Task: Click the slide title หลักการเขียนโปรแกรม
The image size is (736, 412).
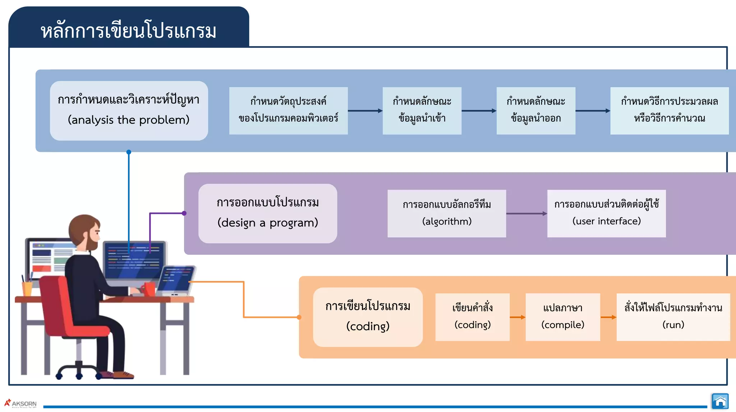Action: tap(128, 31)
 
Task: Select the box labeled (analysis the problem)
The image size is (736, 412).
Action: tap(129, 111)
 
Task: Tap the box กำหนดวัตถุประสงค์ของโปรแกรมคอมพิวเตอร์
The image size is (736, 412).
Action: tap(288, 111)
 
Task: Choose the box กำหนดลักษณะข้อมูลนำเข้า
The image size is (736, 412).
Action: tap(422, 111)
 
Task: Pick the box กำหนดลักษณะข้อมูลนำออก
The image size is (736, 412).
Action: tap(536, 111)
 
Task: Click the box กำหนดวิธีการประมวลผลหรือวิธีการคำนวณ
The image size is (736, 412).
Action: tap(669, 111)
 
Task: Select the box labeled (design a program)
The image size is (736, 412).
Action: tap(268, 214)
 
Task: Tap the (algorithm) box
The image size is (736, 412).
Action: tap(447, 214)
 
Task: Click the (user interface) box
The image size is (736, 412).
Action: tap(606, 214)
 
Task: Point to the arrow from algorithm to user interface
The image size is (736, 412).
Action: tap(526, 214)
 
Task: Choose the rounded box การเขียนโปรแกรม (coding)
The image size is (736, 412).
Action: tap(368, 317)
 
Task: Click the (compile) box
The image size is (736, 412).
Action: tap(563, 317)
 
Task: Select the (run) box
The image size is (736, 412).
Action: tap(673, 317)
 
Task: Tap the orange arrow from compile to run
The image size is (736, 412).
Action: tap(608, 317)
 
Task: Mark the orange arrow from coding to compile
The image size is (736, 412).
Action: tap(517, 317)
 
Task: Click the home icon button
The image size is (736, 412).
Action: tap(720, 401)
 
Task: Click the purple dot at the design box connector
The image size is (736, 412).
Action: tap(184, 213)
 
